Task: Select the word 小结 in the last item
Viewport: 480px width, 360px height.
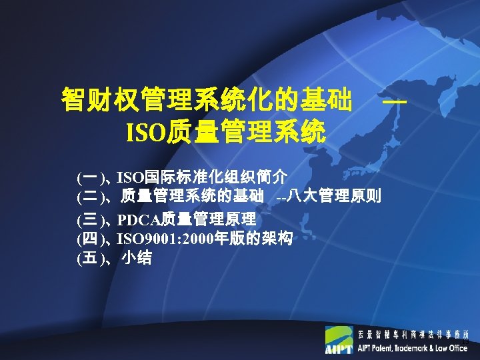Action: [x=136, y=258]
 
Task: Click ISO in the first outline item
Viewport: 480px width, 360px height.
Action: [x=129, y=177]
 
